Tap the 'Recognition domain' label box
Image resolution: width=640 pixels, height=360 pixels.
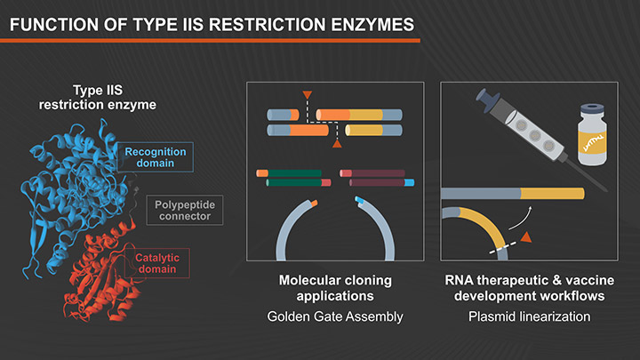tap(156, 156)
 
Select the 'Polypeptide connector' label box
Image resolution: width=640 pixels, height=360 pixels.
tap(184, 211)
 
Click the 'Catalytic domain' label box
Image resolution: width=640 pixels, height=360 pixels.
tap(156, 263)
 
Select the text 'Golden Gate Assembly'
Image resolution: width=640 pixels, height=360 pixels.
tap(335, 317)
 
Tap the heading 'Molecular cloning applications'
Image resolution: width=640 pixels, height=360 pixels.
tap(335, 288)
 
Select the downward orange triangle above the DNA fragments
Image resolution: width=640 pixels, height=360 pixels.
tap(307, 93)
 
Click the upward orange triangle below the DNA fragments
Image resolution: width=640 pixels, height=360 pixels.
tap(336, 143)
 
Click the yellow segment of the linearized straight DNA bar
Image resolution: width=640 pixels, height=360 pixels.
tap(551, 193)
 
